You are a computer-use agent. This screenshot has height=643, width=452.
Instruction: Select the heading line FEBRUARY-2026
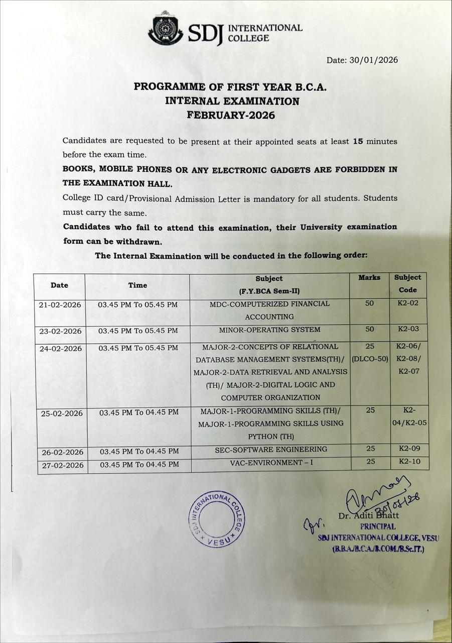pyautogui.click(x=231, y=115)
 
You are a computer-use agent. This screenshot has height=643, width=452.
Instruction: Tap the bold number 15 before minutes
pyautogui.click(x=358, y=142)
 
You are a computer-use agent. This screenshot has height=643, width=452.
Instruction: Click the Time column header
pyautogui.click(x=137, y=285)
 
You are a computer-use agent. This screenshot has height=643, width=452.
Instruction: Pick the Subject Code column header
pyautogui.click(x=407, y=283)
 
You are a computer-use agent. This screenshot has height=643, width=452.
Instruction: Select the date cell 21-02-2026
pyautogui.click(x=60, y=304)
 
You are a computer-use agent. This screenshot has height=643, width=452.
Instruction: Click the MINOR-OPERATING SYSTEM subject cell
pyautogui.click(x=269, y=330)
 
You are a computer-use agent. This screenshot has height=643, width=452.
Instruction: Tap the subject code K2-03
pyautogui.click(x=408, y=329)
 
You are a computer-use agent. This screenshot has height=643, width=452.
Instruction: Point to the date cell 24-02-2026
pyautogui.click(x=61, y=348)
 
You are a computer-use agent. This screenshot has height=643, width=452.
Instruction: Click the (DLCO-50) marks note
pyautogui.click(x=370, y=359)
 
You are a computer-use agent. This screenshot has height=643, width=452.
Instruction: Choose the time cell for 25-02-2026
pyautogui.click(x=139, y=412)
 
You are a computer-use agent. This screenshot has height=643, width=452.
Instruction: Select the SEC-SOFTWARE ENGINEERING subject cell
pyautogui.click(x=271, y=449)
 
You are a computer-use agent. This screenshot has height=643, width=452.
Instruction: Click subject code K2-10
pyautogui.click(x=409, y=461)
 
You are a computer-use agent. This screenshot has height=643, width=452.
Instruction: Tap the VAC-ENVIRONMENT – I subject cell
pyautogui.click(x=271, y=462)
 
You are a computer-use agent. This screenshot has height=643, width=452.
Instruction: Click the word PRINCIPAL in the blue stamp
pyautogui.click(x=378, y=527)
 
